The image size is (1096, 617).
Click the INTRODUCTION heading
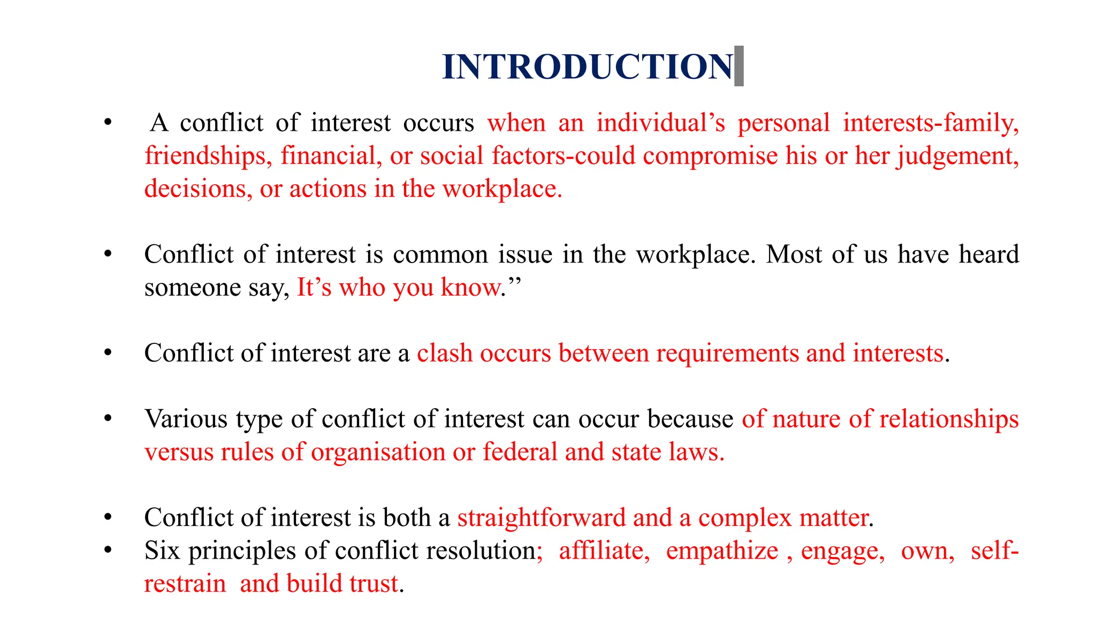point(587,67)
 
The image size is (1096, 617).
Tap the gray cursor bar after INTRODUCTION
point(739,66)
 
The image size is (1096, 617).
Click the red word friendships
point(205,156)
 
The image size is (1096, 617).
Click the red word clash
point(445,353)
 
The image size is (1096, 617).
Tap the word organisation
point(378,452)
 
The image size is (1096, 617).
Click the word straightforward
point(541,518)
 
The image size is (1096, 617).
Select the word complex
point(744,518)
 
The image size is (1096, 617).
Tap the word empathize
point(722,551)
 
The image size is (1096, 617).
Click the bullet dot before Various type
point(108,418)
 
